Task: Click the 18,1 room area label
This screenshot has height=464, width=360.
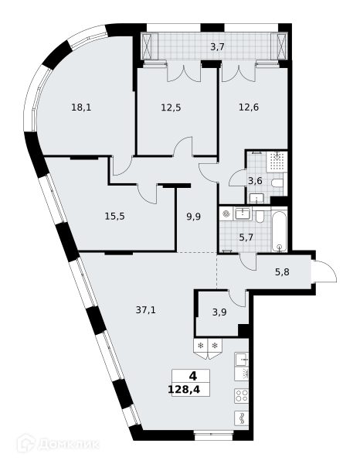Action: click(81, 107)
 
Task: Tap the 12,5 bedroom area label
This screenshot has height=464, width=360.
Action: click(171, 107)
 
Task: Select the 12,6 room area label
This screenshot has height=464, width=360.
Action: click(249, 107)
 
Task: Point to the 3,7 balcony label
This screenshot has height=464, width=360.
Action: click(218, 47)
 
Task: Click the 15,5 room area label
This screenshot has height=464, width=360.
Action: click(114, 217)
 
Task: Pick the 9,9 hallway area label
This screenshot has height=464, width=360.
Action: click(193, 217)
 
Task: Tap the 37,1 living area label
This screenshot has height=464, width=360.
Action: click(145, 310)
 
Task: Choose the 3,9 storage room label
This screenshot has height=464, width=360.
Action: click(219, 312)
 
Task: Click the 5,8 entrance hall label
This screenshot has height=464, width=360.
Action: click(282, 272)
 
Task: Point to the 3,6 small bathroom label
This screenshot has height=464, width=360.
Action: click(255, 181)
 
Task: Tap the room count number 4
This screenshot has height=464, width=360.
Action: click(192, 376)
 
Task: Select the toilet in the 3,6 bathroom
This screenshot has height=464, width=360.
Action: click(277, 183)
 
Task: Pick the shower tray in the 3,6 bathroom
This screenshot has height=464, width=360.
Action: click(277, 162)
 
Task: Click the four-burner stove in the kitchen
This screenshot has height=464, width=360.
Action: click(242, 396)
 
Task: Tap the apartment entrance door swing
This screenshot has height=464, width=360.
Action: click(325, 271)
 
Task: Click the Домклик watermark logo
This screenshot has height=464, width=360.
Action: click(58, 444)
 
